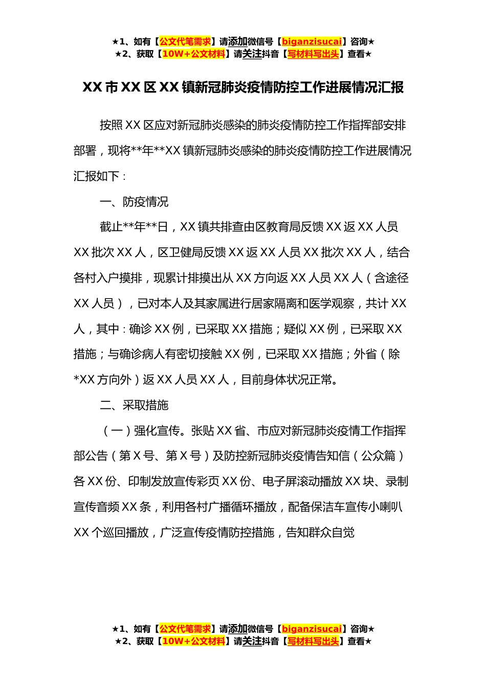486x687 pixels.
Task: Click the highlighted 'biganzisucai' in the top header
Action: (312, 41)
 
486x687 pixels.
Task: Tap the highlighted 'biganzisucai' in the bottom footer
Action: (312, 629)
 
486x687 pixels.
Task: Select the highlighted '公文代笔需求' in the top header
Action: (185, 41)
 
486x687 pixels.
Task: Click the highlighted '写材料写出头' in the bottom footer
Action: (313, 641)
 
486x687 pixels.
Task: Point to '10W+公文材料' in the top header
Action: (193, 54)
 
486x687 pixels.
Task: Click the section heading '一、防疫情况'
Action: (134, 202)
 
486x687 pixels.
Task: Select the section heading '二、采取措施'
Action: (134, 405)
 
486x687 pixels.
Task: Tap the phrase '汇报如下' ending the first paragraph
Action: (96, 176)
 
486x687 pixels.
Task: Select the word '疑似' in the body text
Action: (295, 329)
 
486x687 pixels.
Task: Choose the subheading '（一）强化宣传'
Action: (141, 431)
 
